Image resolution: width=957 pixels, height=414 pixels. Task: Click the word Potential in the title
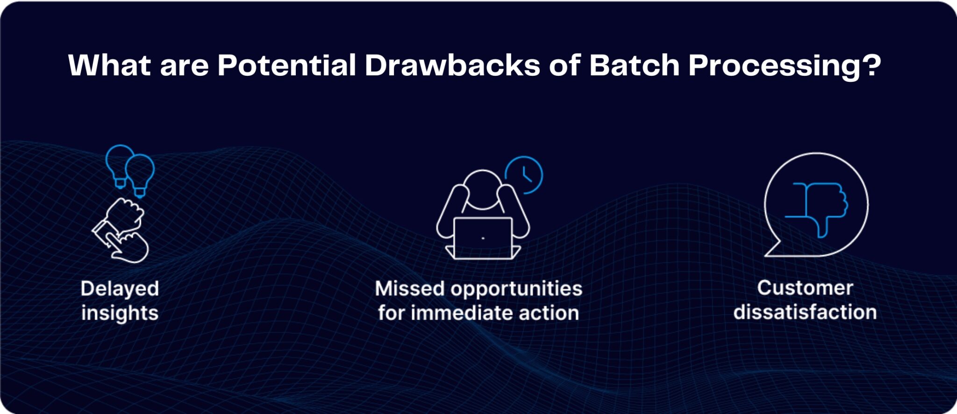[286, 65]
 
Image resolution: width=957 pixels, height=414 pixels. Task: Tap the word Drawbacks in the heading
[452, 65]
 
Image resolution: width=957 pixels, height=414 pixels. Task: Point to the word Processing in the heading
[774, 66]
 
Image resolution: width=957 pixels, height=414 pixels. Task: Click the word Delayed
[120, 289]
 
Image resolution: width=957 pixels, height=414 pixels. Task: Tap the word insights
[120, 313]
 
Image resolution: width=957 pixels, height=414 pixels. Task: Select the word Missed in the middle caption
[409, 289]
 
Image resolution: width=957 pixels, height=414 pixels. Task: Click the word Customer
[805, 288]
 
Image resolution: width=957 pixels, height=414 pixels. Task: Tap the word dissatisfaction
[805, 312]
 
